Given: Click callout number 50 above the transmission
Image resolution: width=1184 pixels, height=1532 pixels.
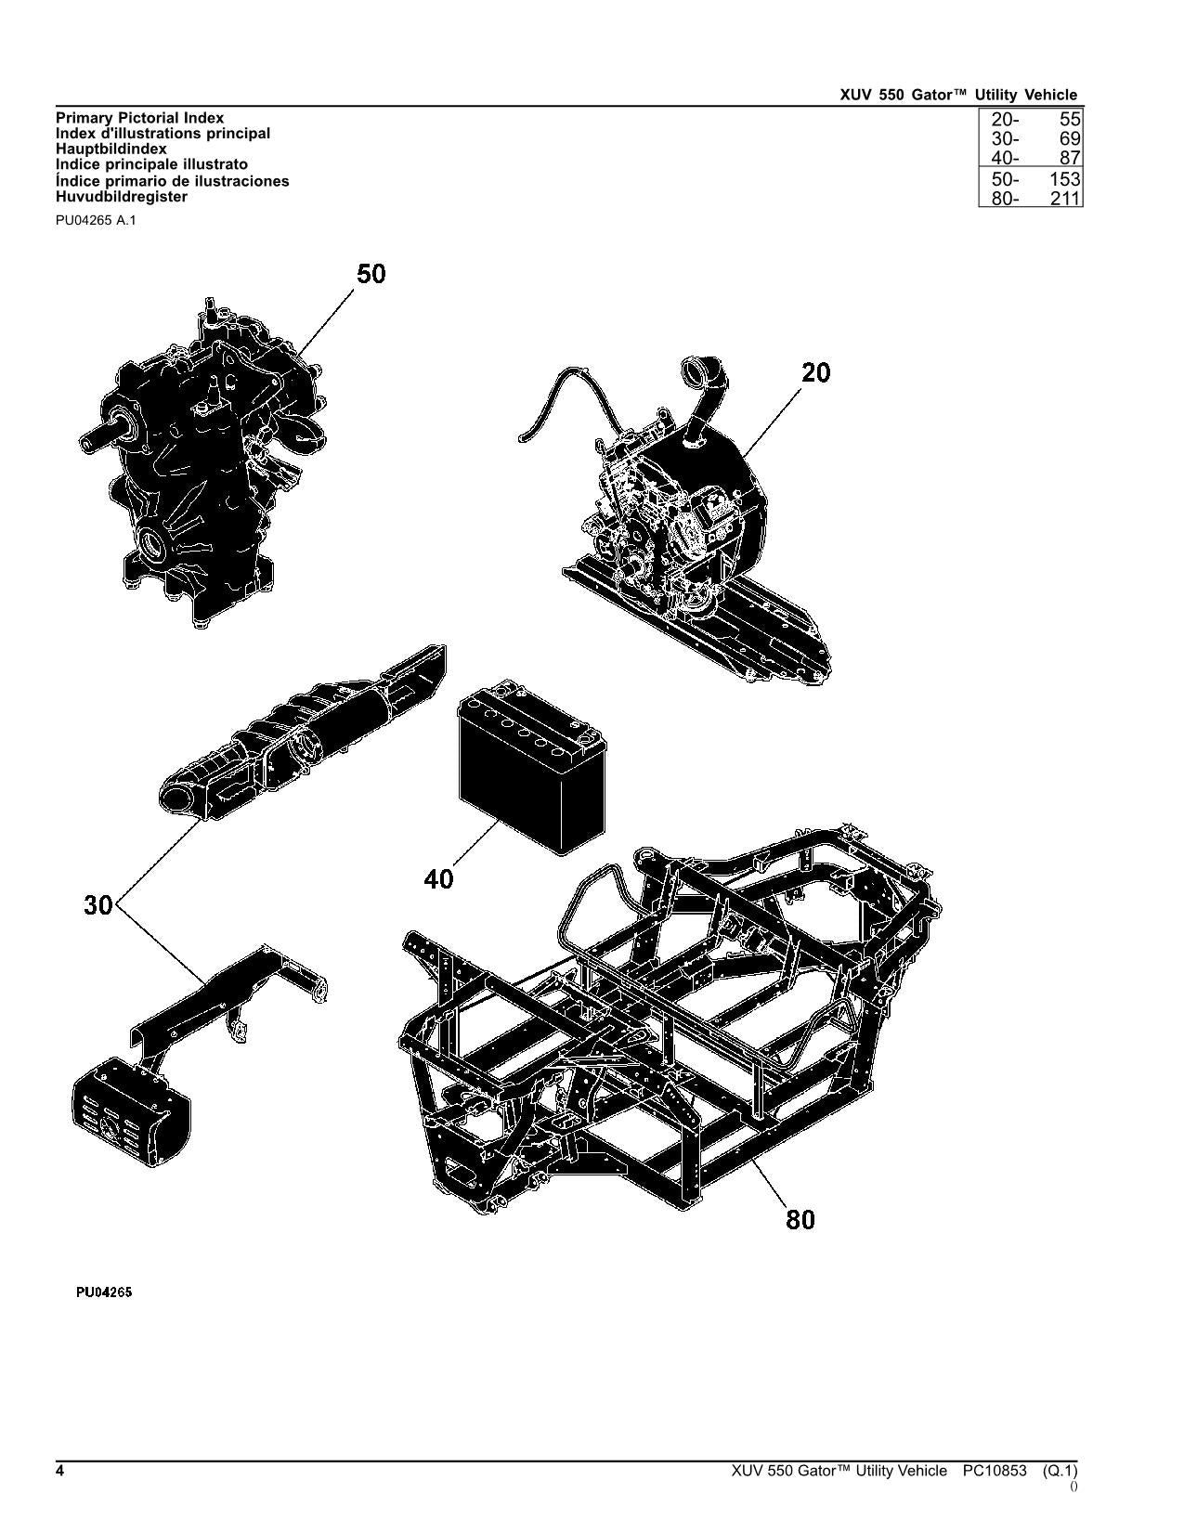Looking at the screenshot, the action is point(371,274).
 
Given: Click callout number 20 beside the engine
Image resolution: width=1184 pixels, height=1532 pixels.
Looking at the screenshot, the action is point(816,372).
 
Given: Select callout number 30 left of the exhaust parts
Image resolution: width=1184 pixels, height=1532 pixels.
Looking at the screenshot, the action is point(98,905).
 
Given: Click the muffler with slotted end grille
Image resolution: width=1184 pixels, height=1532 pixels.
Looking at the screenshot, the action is point(131,1111).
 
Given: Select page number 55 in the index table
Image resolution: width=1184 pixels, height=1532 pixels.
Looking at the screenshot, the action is point(1069,119).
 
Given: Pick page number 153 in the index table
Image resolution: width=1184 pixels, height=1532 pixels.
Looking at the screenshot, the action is point(1065,179).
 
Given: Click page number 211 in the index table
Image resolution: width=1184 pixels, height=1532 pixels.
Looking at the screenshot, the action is point(1065,199).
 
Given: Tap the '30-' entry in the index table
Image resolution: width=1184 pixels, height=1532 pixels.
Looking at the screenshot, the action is point(1005,139).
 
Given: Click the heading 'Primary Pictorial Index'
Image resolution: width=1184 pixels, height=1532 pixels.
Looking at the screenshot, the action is point(139,118).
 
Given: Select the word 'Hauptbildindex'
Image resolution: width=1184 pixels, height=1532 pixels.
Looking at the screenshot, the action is point(111,149).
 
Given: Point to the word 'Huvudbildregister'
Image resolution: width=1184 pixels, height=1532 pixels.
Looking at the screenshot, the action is point(122,197).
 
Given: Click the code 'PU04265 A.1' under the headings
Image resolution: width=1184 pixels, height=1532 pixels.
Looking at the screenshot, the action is point(96,221).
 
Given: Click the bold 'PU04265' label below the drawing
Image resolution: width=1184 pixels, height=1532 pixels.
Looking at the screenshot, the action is point(104,1292).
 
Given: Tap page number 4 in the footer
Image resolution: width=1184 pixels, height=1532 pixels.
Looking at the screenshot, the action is point(60,1471).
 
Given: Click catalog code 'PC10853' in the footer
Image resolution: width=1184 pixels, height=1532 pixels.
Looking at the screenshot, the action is point(995,1471).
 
